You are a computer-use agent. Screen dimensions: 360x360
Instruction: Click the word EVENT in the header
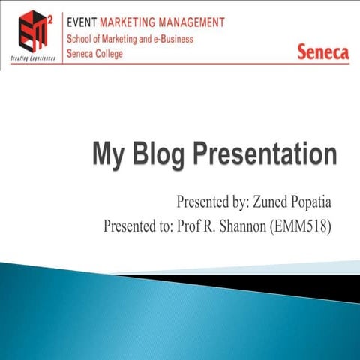tap(83, 22)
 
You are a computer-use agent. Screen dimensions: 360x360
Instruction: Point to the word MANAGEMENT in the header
tap(196, 22)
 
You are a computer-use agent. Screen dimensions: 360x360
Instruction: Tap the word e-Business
tap(172, 39)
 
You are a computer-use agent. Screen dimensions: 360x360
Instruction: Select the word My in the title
tap(106, 155)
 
